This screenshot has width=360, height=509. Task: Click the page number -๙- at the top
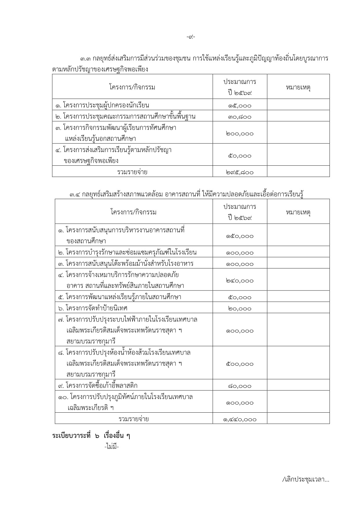click(x=191, y=37)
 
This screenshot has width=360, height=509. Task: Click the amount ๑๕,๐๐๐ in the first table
click(x=240, y=106)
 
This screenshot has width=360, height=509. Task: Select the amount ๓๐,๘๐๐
click(x=240, y=117)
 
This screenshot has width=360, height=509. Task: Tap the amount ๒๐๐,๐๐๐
click(x=240, y=134)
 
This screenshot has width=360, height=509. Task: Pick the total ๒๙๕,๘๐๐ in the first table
click(x=240, y=172)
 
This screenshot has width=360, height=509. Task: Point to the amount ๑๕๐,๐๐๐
click(x=240, y=236)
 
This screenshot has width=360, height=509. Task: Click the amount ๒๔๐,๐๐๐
click(x=240, y=281)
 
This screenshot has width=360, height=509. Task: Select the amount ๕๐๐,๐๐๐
click(x=240, y=364)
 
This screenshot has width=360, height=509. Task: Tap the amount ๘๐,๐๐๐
click(x=240, y=386)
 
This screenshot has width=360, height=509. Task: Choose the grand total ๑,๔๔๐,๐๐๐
click(x=240, y=419)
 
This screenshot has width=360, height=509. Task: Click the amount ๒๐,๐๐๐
click(x=240, y=309)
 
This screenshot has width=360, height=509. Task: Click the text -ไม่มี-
click(x=112, y=447)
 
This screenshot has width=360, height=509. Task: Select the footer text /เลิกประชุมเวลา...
click(x=305, y=480)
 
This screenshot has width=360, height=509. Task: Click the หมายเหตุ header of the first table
click(x=298, y=87)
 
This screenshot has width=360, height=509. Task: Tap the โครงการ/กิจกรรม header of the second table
click(x=133, y=212)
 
